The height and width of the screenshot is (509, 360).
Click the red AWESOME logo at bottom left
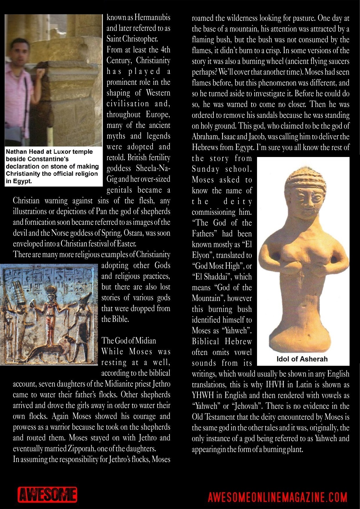pyautogui.click(x=47, y=495)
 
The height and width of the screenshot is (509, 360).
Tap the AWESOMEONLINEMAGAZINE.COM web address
pyautogui.click(x=278, y=497)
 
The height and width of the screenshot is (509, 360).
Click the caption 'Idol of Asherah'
pyautogui.click(x=302, y=359)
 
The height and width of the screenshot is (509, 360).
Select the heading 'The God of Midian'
pyautogui.click(x=129, y=340)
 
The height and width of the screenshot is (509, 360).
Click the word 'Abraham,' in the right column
pyautogui.click(x=203, y=137)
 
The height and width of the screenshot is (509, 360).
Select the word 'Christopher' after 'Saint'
pyautogui.click(x=140, y=39)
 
